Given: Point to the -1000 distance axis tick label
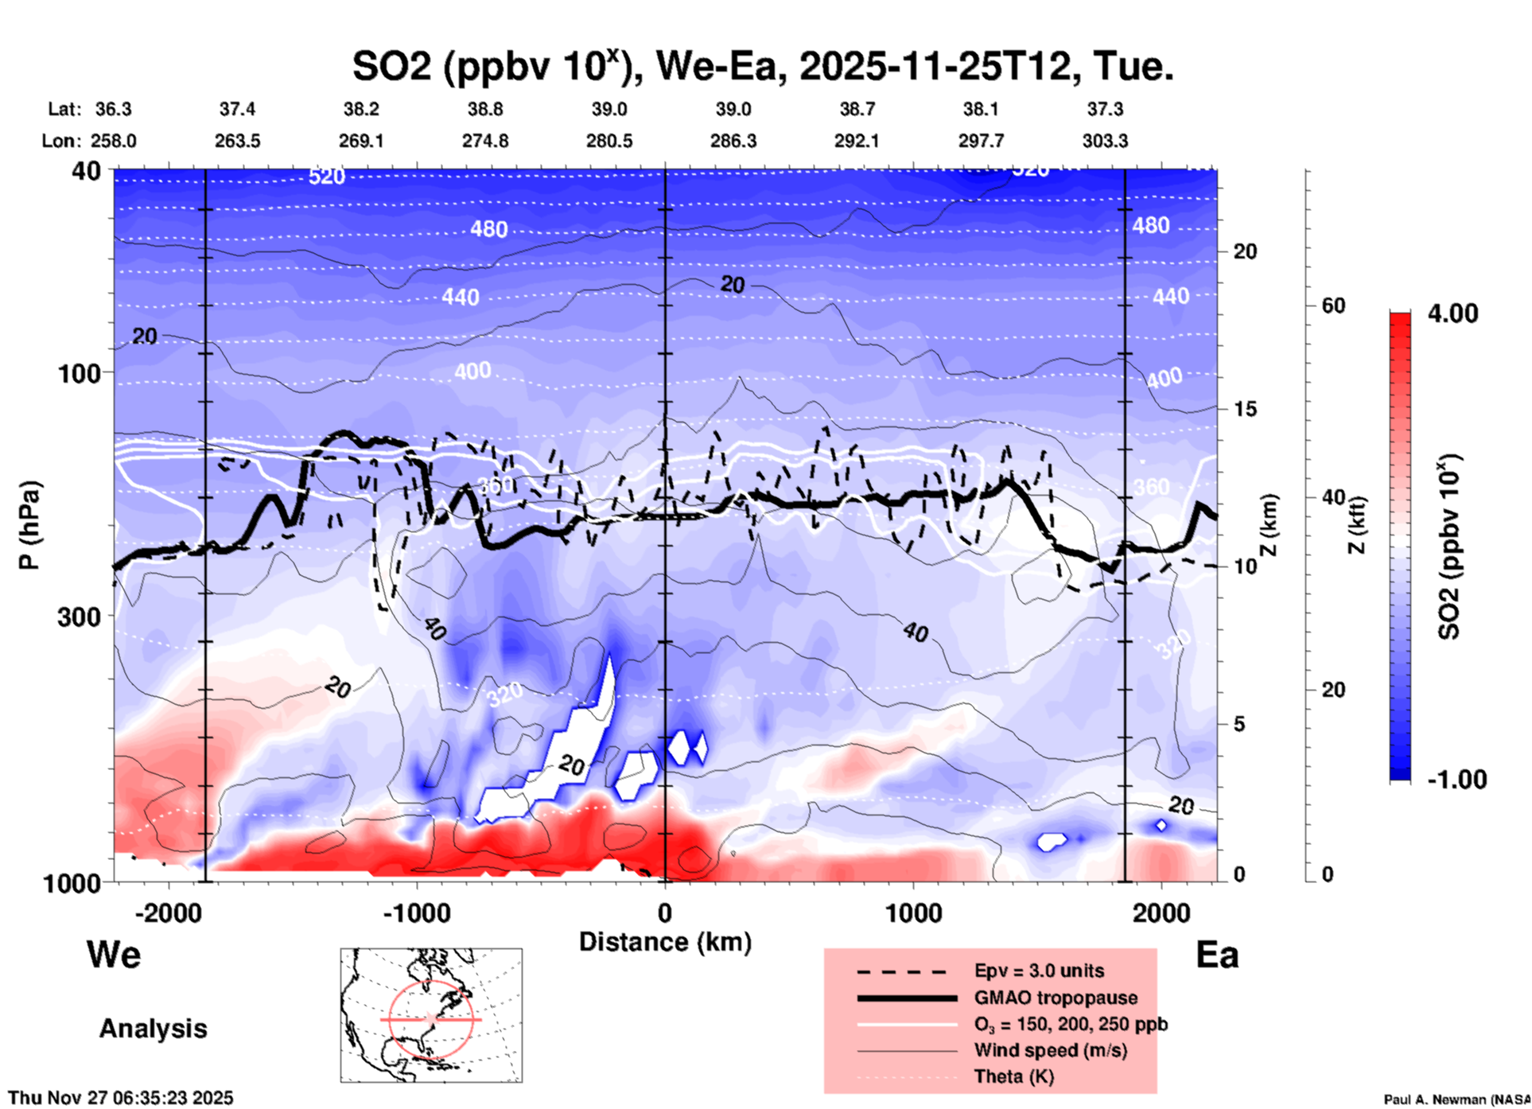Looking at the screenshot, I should coord(416,913).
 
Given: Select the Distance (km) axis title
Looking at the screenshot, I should coord(665,942).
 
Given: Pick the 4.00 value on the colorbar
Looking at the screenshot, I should coord(1452,313).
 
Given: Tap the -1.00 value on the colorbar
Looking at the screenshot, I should coord(1456,780).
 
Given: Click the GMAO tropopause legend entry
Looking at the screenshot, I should coord(1056,998).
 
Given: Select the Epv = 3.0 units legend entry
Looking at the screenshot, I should coord(1039,971).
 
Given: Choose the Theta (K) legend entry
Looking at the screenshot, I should coord(1013,1076).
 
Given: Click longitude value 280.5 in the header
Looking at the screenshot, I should coord(609,141).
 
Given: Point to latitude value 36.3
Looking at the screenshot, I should coord(113,109).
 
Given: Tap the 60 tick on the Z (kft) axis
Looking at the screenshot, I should coord(1333,305).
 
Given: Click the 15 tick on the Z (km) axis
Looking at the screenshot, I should coord(1245,409).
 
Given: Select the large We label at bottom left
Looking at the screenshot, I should coord(114,955).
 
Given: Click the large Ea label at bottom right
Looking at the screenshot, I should coord(1217,955).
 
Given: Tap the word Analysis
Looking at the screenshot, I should coord(153,1029).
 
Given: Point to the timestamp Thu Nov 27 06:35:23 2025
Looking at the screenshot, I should coord(121,1098).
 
